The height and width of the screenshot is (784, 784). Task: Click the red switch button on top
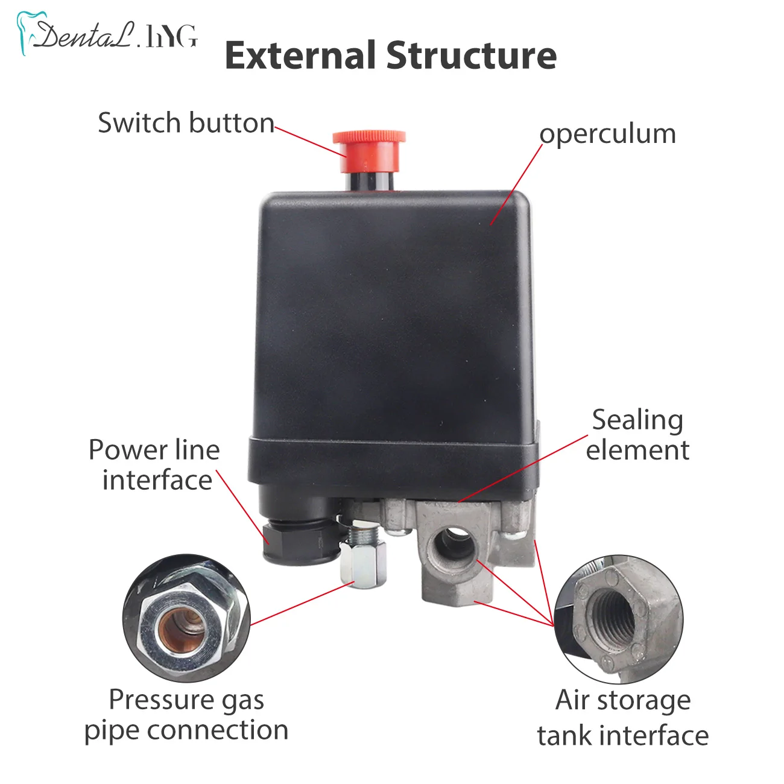tap(368, 145)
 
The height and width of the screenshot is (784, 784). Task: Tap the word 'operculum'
tap(607, 134)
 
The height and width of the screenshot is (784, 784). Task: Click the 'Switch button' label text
tap(186, 123)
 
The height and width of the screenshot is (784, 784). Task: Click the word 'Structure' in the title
tap(471, 55)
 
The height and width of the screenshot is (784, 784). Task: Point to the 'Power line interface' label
tap(155, 465)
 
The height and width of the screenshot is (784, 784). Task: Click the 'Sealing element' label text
tap(637, 435)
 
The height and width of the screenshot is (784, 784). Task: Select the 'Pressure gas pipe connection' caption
tap(186, 715)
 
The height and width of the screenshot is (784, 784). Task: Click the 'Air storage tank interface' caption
tap(623, 718)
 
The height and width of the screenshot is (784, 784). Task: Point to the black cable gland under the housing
tap(299, 537)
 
